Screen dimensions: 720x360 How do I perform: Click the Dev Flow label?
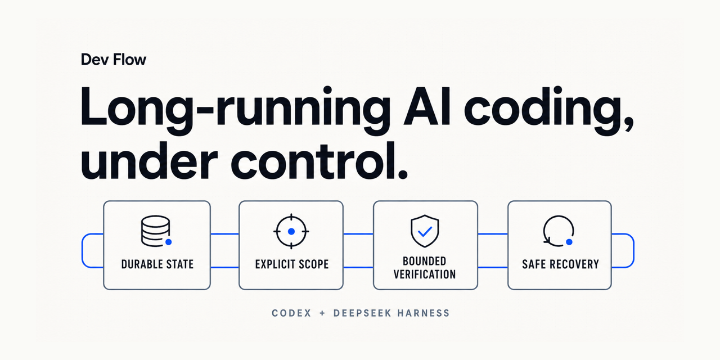pyautogui.click(x=114, y=60)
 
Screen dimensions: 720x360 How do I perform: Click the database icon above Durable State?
pyautogui.click(x=156, y=231)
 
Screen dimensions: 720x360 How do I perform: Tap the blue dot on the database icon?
pyautogui.click(x=168, y=242)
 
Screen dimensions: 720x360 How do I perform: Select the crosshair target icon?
pyautogui.click(x=291, y=231)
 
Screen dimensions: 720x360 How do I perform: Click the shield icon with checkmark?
pyautogui.click(x=425, y=231)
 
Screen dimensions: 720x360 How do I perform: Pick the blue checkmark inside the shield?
pyautogui.click(x=425, y=231)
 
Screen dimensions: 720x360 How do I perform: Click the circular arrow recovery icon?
pyautogui.click(x=559, y=231)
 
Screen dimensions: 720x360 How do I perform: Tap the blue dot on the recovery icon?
pyautogui.click(x=569, y=242)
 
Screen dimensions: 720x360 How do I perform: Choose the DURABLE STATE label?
pyautogui.click(x=157, y=264)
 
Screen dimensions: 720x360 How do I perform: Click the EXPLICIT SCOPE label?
pyautogui.click(x=292, y=264)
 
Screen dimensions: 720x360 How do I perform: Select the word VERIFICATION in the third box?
pyautogui.click(x=425, y=274)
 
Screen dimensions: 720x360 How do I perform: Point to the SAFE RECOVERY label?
pyautogui.click(x=561, y=264)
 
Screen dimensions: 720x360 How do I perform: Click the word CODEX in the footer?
pyautogui.click(x=291, y=313)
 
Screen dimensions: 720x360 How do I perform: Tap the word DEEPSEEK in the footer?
pyautogui.click(x=362, y=313)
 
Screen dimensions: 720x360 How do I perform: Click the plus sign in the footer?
pyautogui.click(x=322, y=313)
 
